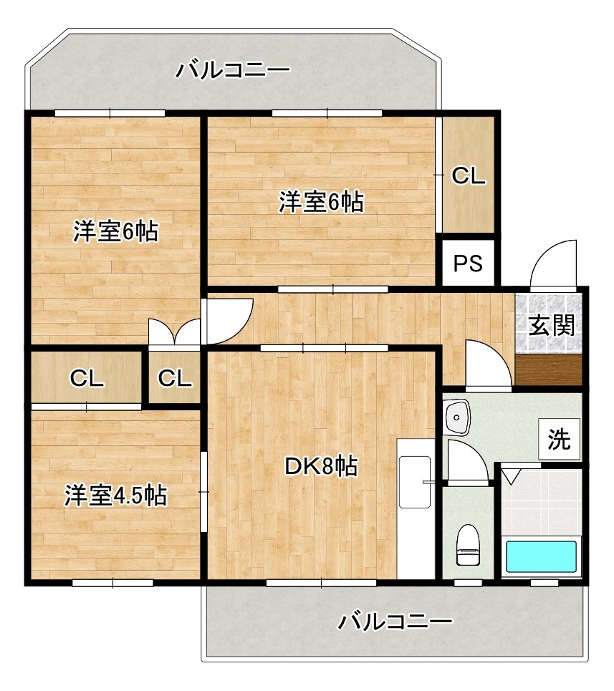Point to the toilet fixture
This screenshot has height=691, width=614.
point(468,546)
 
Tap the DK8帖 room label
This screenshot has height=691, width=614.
point(321,467)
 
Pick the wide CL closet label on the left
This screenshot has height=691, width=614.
point(87,378)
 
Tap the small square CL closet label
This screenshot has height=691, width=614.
point(175,378)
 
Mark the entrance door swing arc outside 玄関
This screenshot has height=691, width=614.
point(553,261)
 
